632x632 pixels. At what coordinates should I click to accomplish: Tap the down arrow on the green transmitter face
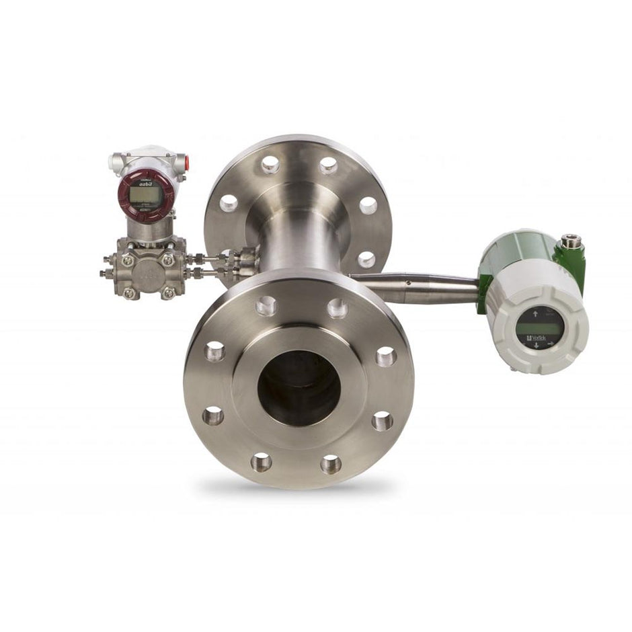tap(537, 345)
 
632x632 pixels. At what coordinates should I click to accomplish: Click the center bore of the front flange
tap(299, 388)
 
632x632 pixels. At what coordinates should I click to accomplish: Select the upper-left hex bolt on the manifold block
tap(127, 260)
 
